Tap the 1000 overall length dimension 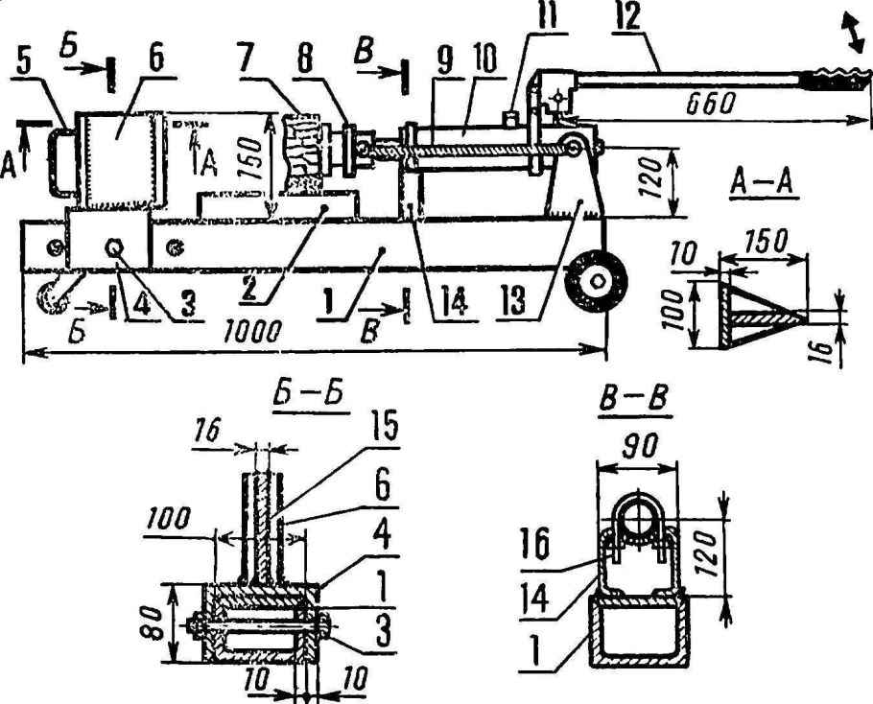point(250,332)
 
